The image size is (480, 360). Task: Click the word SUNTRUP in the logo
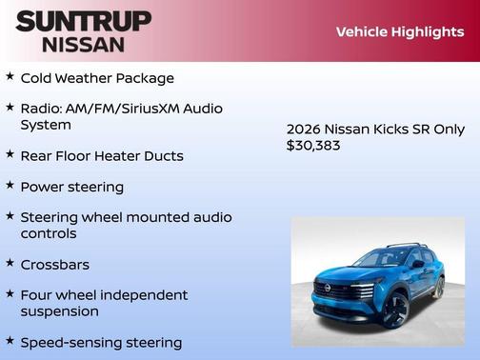[83, 21]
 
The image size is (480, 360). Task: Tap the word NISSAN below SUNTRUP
[83, 44]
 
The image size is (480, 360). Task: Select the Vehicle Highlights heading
[400, 31]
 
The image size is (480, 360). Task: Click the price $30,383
[313, 146]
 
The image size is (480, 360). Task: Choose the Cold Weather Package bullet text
[97, 78]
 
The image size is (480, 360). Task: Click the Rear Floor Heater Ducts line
[102, 155]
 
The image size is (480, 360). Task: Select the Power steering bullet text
[72, 187]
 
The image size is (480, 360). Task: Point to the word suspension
[59, 310]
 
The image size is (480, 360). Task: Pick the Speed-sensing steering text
[101, 342]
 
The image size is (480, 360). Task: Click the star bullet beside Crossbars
[10, 262]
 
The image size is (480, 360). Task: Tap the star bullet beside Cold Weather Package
[10, 76]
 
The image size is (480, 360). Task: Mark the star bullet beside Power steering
[10, 185]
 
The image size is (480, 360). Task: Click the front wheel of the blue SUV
[393, 308]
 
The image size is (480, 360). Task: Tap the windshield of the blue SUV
[382, 258]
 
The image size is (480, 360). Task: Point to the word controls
[49, 233]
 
